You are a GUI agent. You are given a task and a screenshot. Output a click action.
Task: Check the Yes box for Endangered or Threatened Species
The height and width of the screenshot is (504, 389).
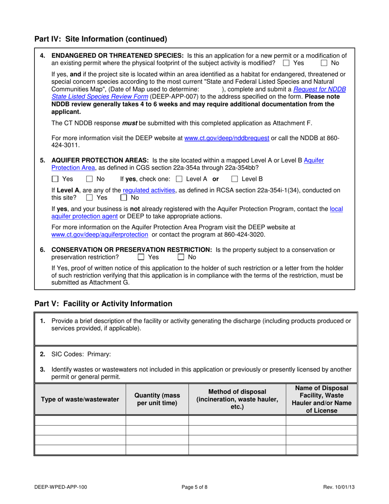pos(286,63)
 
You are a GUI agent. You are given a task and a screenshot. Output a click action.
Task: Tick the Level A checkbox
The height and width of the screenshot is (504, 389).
pos(179,179)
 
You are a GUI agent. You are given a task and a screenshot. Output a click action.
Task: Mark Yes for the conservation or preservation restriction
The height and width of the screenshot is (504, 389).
pos(141,257)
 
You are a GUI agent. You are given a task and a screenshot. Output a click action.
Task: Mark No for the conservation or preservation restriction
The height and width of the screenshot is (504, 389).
pos(181,257)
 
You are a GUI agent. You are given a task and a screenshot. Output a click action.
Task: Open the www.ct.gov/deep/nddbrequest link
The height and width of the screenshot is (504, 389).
pos(227,138)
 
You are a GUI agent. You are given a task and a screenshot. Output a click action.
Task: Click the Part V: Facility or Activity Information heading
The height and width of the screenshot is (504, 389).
pos(103,304)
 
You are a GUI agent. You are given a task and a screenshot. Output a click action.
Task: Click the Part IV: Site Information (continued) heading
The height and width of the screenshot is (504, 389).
pos(101,39)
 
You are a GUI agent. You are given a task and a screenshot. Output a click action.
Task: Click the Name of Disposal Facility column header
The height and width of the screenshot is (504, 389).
pos(321,399)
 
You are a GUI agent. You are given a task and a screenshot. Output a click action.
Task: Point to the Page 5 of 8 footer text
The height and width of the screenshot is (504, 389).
pos(195,487)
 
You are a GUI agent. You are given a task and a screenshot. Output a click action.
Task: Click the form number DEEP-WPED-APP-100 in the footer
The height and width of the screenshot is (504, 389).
pos(61,487)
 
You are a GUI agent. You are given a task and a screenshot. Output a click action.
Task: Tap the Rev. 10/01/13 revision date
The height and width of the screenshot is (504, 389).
pos(338,487)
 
